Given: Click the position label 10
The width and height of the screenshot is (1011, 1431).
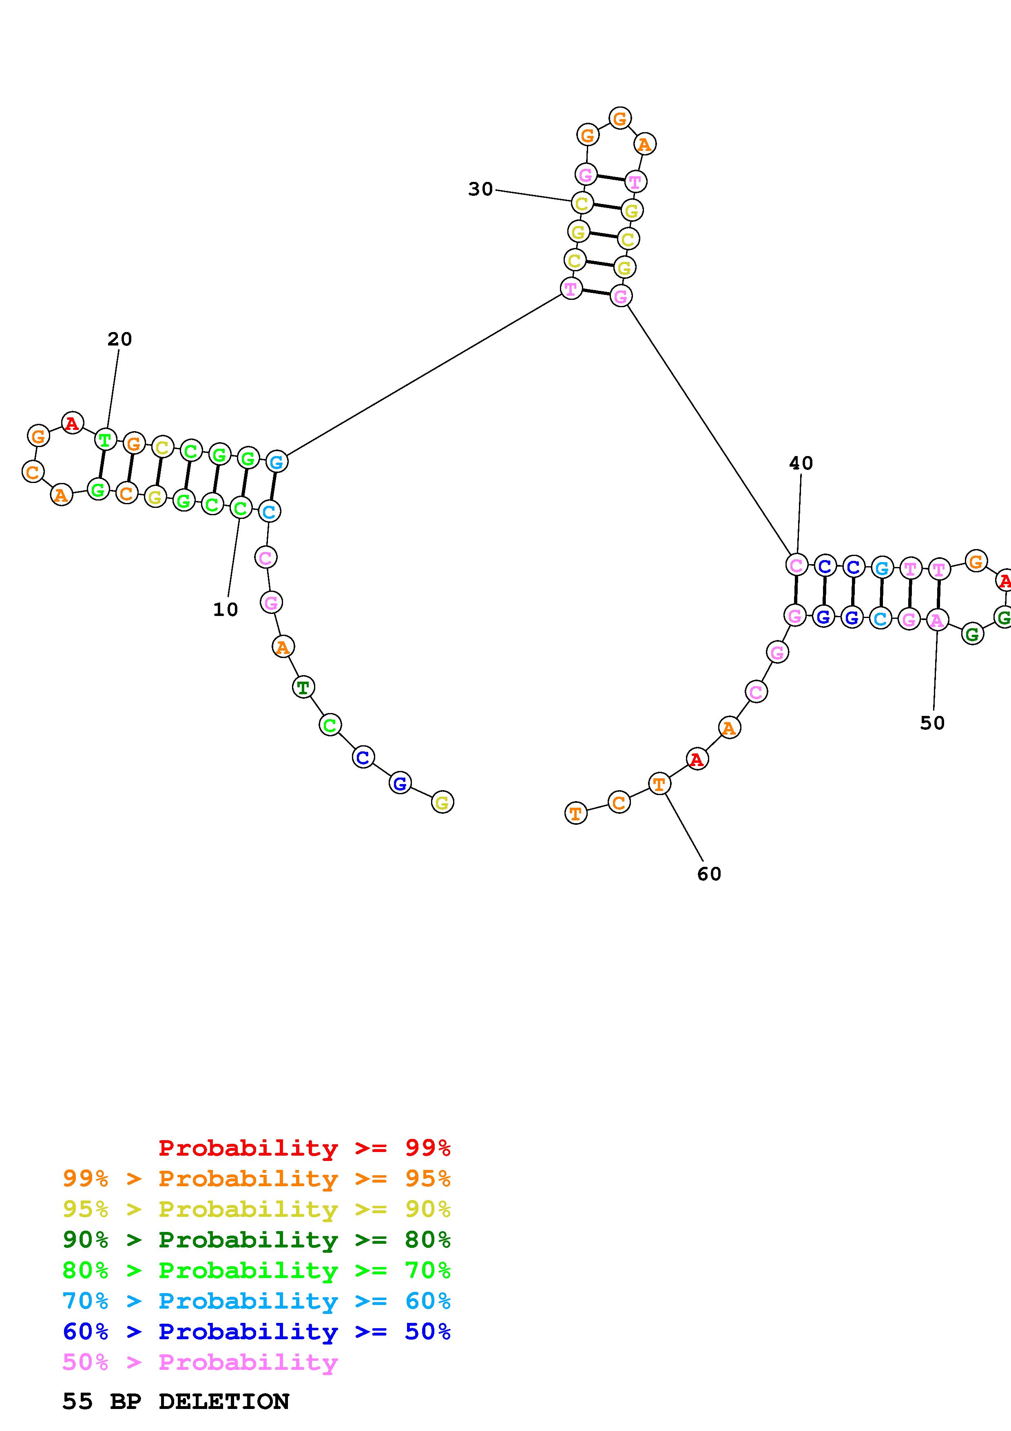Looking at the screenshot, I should point(226,609).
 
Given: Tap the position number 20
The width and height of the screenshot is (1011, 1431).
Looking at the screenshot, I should point(119,339).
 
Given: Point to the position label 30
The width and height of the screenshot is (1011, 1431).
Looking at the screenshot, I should point(480,189).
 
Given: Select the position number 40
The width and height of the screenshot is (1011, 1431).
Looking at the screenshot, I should point(801,463).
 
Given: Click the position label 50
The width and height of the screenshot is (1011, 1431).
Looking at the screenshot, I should point(933,723).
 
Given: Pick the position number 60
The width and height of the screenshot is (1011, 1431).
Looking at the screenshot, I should point(709,874).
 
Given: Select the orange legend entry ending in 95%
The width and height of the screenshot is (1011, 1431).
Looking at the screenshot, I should point(257,1178).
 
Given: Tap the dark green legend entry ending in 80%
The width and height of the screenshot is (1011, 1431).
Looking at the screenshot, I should point(257,1240).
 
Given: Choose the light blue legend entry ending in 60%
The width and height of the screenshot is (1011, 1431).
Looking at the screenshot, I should point(257,1301).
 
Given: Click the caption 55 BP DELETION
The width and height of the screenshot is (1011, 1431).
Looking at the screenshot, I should point(176,1401).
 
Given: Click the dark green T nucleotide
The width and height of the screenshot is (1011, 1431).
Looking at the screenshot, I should point(303,687).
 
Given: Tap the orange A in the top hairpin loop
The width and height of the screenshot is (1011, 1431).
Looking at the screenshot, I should point(645,144).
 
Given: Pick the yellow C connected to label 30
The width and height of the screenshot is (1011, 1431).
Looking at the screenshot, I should point(582,203).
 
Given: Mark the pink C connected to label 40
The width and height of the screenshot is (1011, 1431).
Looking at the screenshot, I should point(796,565).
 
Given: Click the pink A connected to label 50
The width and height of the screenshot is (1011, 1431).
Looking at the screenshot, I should point(937,620).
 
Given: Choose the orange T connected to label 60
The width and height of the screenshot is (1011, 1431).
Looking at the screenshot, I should point(659,784).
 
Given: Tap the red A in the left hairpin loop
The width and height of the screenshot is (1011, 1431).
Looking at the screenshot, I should point(72,423).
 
